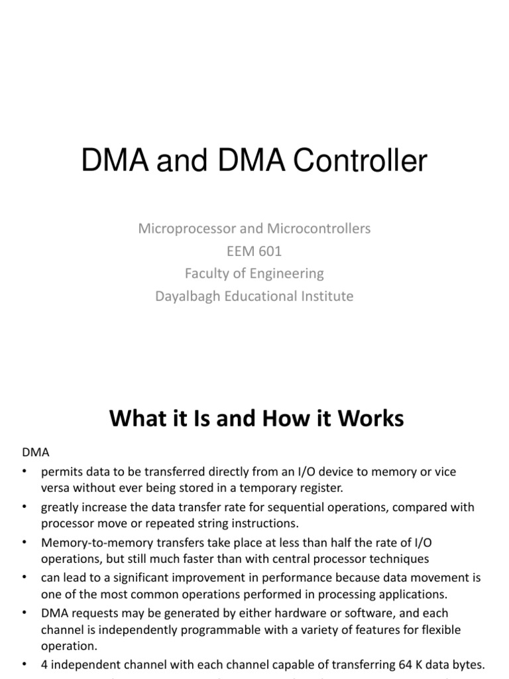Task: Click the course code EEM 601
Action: tap(254, 251)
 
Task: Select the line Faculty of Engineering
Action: tap(254, 273)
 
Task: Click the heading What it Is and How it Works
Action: tap(256, 418)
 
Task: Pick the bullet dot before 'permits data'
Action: tap(25, 471)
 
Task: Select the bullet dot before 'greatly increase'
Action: tap(25, 507)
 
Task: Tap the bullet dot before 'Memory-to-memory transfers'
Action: tap(25, 542)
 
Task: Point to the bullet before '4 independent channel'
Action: tap(25, 664)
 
